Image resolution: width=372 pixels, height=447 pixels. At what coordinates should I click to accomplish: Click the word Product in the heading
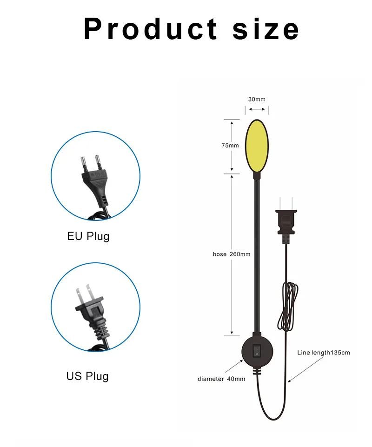pos(150,29)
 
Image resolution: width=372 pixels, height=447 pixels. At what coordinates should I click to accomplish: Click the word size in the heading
pos(266,29)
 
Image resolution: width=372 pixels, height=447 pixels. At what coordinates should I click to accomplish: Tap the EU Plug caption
pos(88,236)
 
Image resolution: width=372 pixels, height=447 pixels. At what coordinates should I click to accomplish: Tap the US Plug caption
pos(87,376)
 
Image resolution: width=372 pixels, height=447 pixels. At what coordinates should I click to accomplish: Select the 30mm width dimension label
pos(257,99)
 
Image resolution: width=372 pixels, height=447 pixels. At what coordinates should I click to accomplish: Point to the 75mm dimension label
pos(230,146)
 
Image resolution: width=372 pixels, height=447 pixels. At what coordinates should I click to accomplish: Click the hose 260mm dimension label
pos(232,254)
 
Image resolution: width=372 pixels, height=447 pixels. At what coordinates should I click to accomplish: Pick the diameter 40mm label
pos(221,379)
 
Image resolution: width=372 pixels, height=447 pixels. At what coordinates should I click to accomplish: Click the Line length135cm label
pos(323,353)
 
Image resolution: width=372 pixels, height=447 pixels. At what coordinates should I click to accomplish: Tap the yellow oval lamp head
pos(257,145)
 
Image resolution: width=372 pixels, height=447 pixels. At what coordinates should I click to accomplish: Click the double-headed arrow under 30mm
pos(257,109)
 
